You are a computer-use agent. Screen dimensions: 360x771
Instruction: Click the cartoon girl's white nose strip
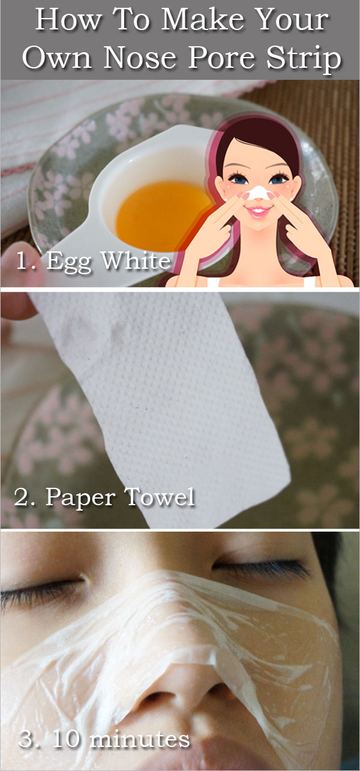pyautogui.click(x=257, y=193)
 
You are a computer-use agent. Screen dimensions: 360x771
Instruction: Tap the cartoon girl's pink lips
pyautogui.click(x=259, y=211)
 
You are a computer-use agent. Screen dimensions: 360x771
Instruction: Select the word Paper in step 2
pyautogui.click(x=80, y=498)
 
